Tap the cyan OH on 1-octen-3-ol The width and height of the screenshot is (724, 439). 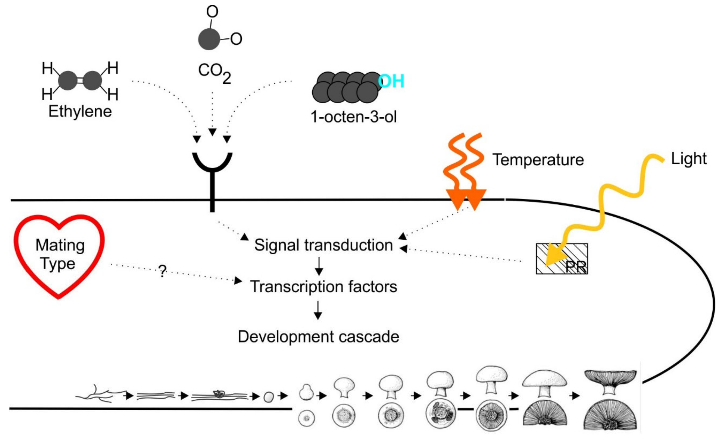(391, 81)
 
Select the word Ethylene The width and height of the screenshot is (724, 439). (80, 112)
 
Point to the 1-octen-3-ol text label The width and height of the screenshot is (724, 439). (354, 117)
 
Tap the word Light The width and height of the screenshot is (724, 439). (688, 159)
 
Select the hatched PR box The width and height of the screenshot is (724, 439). (562, 258)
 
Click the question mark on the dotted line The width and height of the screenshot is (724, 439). (162, 271)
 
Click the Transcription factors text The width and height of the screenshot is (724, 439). (323, 287)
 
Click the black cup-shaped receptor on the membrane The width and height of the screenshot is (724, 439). (212, 164)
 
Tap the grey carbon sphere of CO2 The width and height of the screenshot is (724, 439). (209, 39)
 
